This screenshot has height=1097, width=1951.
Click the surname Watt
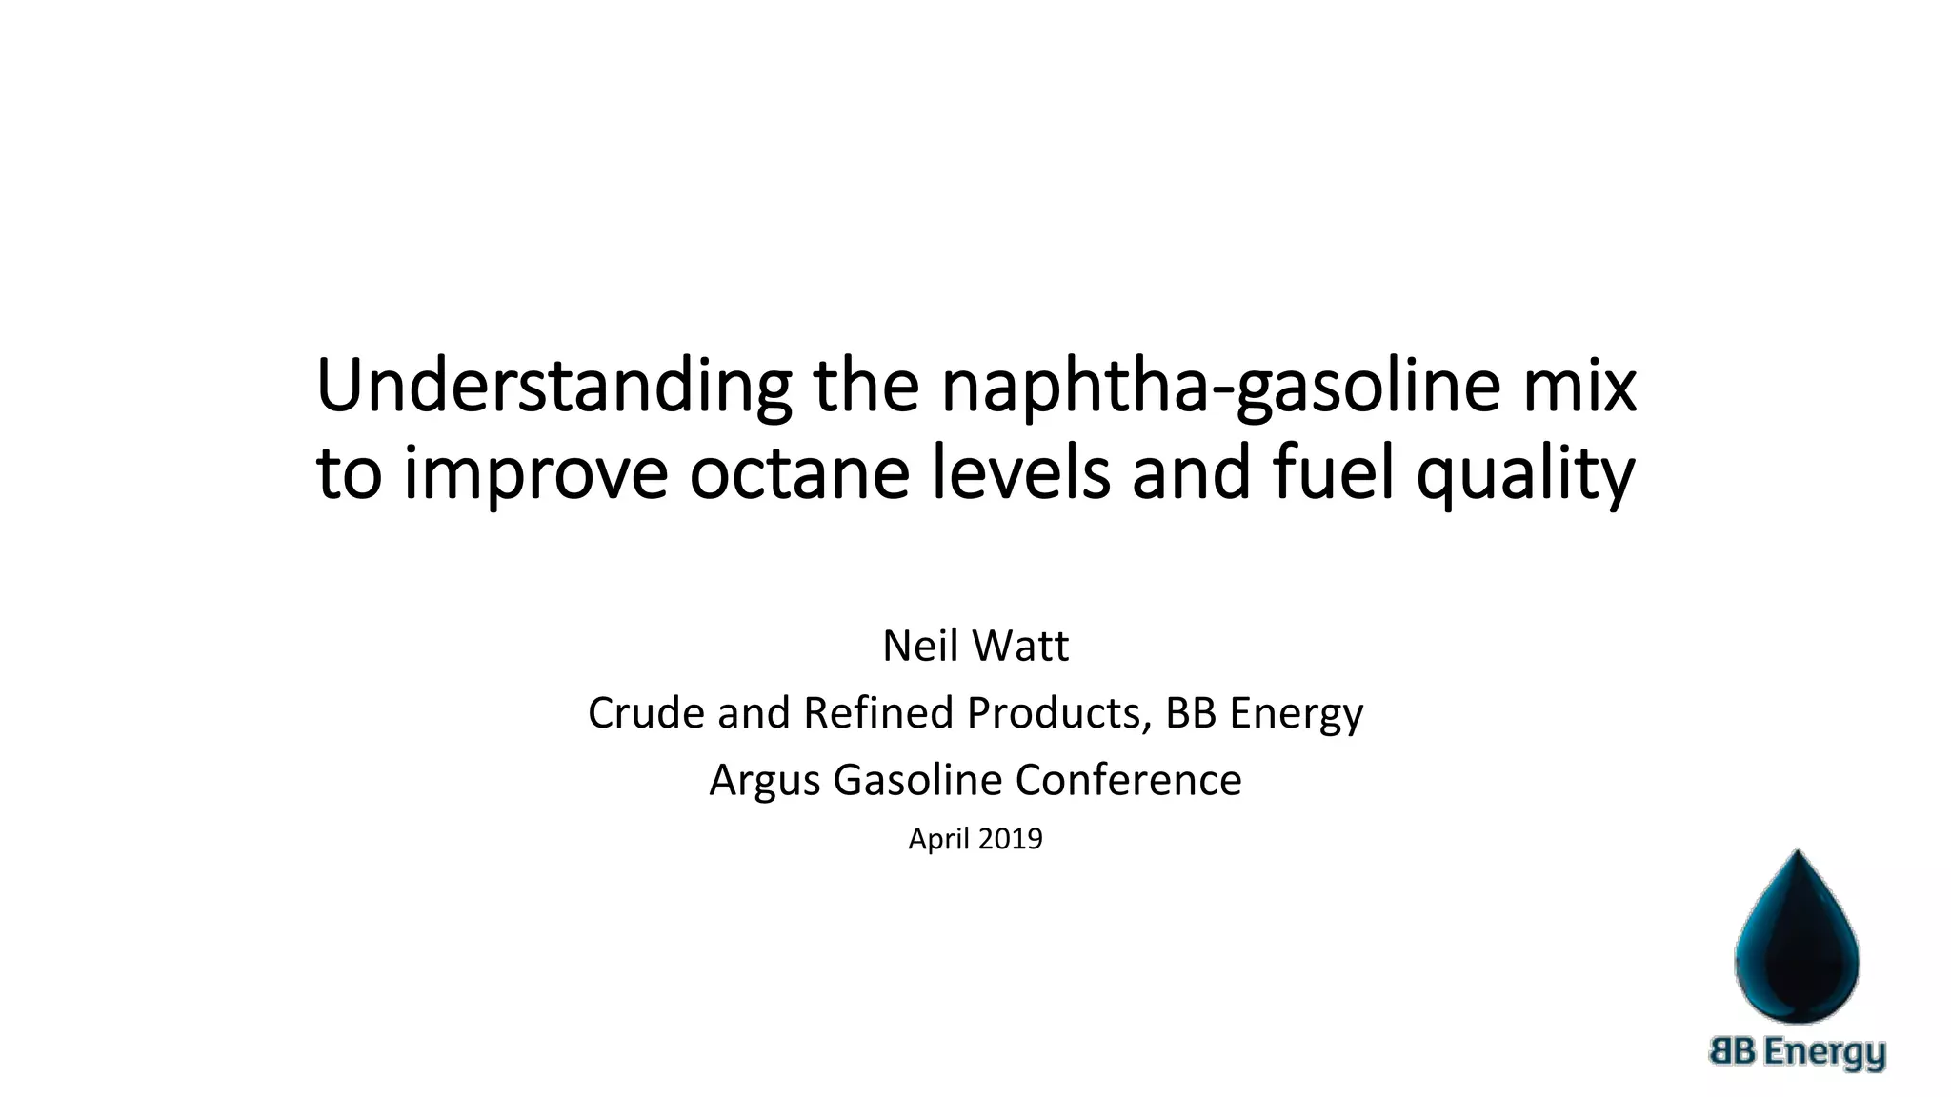click(x=1020, y=647)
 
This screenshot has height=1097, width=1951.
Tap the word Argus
click(x=764, y=781)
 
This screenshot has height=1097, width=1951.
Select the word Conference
click(x=1128, y=781)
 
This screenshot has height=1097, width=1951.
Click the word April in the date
click(x=937, y=839)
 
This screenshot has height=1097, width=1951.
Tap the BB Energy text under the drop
click(x=1798, y=1052)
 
